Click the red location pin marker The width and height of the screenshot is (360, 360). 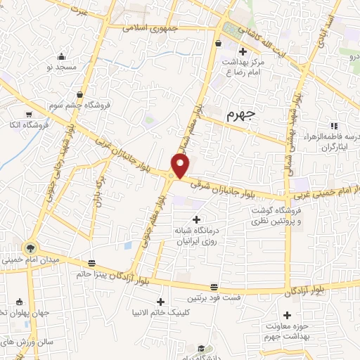[181, 166]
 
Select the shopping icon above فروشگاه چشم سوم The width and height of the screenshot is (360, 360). [79, 93]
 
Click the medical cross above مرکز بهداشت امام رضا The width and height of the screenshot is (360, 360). [243, 51]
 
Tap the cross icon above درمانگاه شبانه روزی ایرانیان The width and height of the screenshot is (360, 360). [195, 221]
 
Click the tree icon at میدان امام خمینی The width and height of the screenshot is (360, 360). [30, 247]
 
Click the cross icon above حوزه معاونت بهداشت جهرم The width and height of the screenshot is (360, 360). [286, 316]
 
